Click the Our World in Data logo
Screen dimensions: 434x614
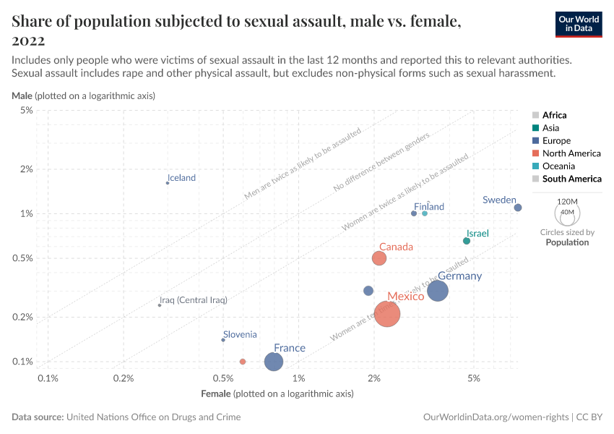(x=578, y=23)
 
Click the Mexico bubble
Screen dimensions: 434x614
(x=387, y=314)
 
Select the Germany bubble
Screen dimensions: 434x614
(x=438, y=291)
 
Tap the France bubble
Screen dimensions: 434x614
(x=274, y=362)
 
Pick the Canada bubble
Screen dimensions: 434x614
(x=379, y=258)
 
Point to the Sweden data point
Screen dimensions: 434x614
(x=518, y=208)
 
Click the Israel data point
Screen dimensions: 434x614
(x=467, y=241)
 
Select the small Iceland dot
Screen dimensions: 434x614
(x=168, y=183)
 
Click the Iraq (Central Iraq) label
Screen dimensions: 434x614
(x=193, y=300)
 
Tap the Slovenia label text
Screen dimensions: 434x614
(x=240, y=334)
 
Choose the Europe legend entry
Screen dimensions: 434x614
(x=556, y=140)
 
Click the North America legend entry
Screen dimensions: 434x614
(x=571, y=153)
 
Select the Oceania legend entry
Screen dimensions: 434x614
(x=559, y=166)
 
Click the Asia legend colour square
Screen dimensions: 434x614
(x=535, y=128)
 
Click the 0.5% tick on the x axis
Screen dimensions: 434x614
(x=223, y=378)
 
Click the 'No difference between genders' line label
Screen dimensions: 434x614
(x=381, y=163)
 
